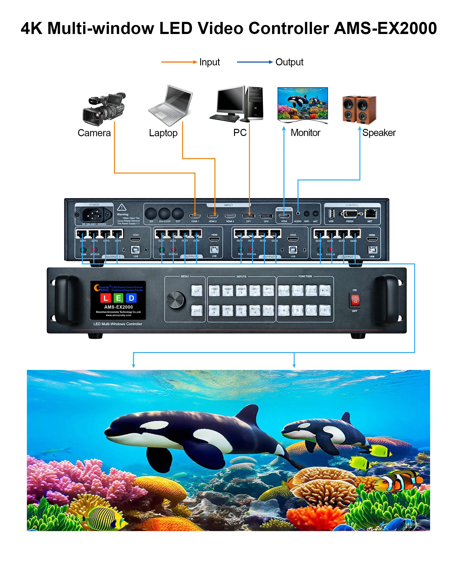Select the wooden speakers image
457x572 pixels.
[359, 110]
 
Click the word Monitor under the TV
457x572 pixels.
[305, 133]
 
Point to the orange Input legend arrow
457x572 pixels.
[179, 62]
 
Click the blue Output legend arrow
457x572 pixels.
[254, 62]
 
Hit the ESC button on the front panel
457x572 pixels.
[197, 310]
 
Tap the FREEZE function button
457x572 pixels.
[284, 291]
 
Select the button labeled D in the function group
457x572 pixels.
[325, 310]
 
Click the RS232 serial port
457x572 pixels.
[350, 213]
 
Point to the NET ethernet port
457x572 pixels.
[370, 213]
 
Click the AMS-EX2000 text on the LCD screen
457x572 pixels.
[118, 307]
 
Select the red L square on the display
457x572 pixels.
[105, 298]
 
